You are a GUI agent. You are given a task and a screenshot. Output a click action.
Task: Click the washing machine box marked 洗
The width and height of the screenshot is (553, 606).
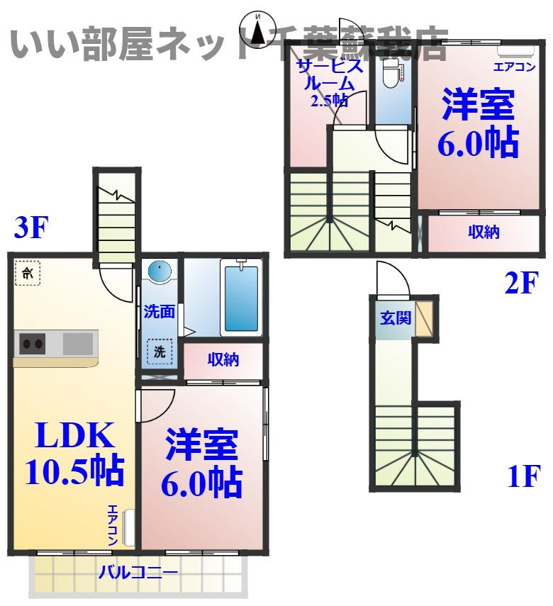(x=160, y=352)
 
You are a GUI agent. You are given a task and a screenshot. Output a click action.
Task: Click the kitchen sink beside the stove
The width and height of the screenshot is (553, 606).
(x=77, y=344)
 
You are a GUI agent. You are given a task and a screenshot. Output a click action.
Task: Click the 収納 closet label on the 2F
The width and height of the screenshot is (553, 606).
(x=484, y=232)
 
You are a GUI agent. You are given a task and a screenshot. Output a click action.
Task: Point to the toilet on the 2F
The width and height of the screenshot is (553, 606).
(x=391, y=76)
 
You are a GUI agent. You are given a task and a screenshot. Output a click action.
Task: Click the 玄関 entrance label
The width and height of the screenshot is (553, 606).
(x=395, y=318)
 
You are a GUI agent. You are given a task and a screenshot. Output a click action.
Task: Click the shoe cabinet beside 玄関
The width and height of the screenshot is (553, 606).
(x=424, y=318)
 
